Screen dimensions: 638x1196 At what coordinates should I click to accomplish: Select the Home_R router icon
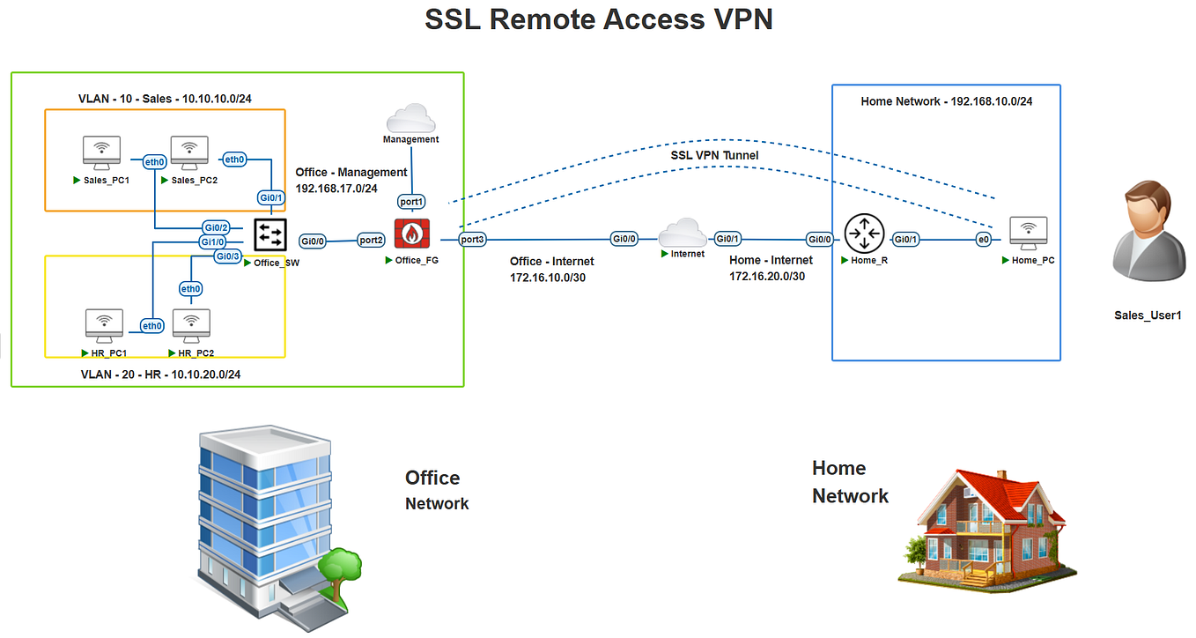tap(862, 234)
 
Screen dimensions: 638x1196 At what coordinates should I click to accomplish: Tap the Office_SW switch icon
tap(269, 234)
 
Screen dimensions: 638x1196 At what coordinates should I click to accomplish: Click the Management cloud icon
tap(410, 118)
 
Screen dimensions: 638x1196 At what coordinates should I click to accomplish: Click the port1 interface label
tap(411, 202)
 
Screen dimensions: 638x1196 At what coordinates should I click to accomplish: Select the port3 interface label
tap(472, 239)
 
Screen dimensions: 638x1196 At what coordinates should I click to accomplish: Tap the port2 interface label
tap(371, 240)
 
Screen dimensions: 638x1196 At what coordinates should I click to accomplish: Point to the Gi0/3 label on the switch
tap(227, 256)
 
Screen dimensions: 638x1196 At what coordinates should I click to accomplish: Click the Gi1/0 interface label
tap(213, 241)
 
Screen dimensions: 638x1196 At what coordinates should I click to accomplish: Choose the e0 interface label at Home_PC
tap(984, 240)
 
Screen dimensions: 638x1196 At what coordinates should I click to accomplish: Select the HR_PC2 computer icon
tap(192, 326)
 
